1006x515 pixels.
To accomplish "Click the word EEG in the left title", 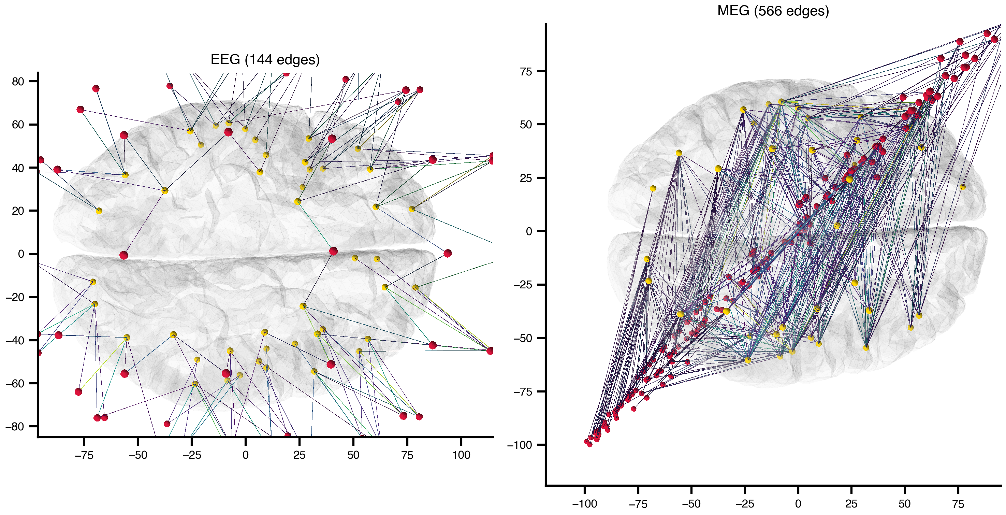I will (225, 60).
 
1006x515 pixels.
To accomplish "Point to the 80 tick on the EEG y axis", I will (18, 81).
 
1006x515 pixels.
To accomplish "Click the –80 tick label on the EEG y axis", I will (15, 426).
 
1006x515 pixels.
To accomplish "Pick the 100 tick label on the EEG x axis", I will (461, 455).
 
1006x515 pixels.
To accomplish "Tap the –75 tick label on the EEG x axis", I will (84, 455).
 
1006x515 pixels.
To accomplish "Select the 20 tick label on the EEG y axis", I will (18, 211).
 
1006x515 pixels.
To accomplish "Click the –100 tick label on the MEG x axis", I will (584, 504).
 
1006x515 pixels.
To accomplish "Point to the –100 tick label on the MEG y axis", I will (520, 445).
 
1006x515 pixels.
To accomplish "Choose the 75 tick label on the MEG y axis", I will (526, 72).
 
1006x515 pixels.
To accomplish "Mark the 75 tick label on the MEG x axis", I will (958, 504).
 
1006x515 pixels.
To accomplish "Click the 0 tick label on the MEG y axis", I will (529, 231).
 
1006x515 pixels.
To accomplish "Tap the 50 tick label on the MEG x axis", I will (904, 504).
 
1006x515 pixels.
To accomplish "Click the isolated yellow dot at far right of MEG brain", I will (963, 187).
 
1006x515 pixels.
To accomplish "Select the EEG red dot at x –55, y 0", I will (123, 256).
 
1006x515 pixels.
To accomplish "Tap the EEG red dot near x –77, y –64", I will (78, 392).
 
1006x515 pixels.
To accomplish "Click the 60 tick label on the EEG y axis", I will (18, 125).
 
